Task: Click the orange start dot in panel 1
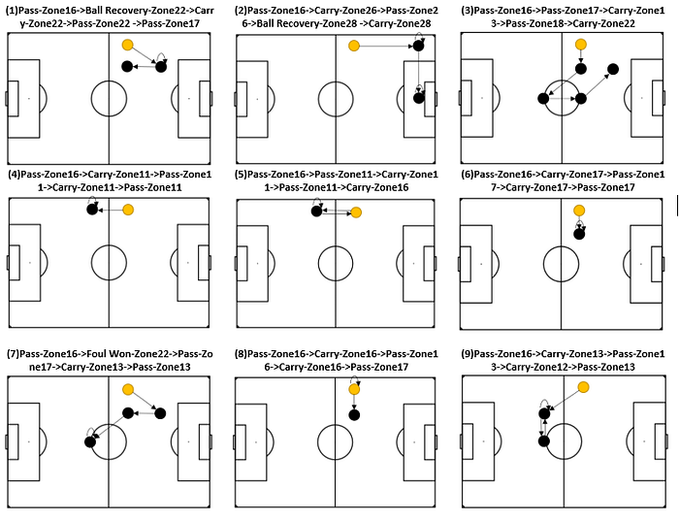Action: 128,46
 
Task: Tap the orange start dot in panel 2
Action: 354,46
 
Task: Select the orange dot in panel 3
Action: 580,45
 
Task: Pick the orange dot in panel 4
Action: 128,209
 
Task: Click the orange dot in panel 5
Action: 356,212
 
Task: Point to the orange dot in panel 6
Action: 580,211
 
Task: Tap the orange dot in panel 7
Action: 128,389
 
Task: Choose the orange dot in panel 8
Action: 354,389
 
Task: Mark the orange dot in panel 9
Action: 584,387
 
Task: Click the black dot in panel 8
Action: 354,415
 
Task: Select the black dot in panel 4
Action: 91,208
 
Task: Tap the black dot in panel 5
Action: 317,211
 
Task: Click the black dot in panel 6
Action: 580,233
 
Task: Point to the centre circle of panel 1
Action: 109,98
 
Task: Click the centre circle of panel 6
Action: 562,262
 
